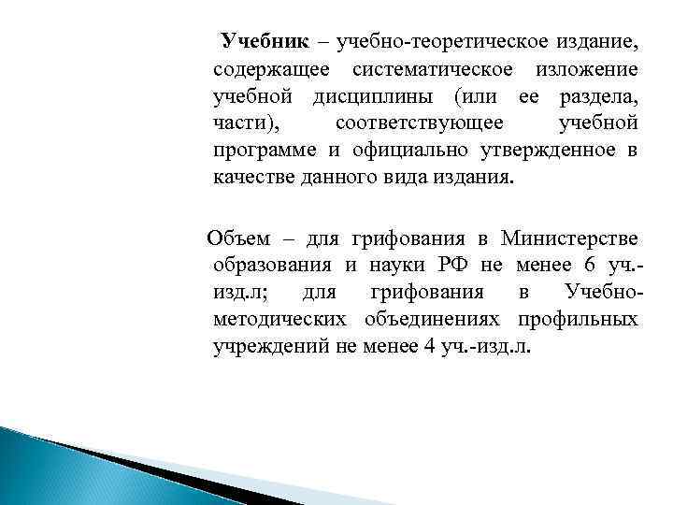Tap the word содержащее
click(x=262, y=69)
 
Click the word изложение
click(x=587, y=69)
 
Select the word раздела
click(x=599, y=96)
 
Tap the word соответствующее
click(x=420, y=123)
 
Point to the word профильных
click(x=584, y=319)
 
